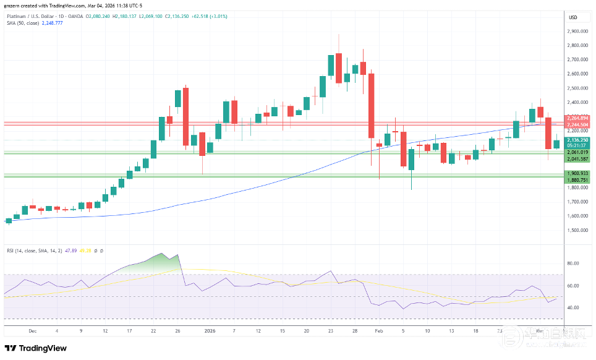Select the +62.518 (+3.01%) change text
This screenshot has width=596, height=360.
tap(209, 16)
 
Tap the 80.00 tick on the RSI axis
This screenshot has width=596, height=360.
tap(573, 264)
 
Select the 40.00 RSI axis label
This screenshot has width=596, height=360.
tap(573, 308)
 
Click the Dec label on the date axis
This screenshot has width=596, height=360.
tap(32, 331)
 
